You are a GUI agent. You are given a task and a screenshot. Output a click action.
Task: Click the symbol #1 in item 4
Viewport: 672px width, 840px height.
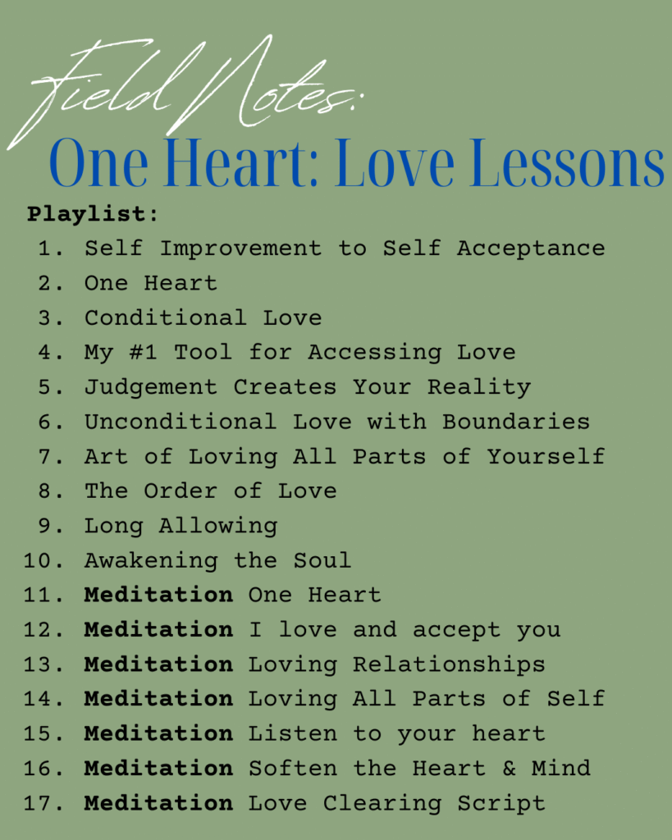point(143,352)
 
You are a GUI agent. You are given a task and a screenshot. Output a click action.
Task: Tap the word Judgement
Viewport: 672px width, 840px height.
point(151,388)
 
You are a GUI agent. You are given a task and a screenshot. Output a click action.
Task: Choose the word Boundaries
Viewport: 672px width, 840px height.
point(516,422)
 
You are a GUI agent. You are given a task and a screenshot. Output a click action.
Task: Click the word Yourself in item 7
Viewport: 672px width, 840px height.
point(546,456)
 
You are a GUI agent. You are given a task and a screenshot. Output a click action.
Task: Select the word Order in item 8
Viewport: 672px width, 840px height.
point(181,491)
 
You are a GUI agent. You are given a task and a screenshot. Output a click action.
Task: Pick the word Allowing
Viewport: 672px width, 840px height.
point(218,527)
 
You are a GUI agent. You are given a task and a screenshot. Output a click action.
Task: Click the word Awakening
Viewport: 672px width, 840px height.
point(151,561)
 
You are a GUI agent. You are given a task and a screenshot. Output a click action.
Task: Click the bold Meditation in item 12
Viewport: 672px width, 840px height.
point(158,630)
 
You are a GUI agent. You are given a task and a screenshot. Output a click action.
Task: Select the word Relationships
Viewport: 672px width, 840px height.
point(449,664)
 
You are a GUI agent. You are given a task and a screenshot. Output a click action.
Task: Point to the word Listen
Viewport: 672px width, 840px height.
point(293,734)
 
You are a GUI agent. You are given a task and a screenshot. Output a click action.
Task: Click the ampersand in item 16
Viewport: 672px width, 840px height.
point(509,769)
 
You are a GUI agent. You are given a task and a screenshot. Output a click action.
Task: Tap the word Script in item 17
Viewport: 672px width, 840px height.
point(501,804)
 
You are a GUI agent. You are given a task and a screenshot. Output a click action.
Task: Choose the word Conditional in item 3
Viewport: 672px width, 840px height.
point(166,317)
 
